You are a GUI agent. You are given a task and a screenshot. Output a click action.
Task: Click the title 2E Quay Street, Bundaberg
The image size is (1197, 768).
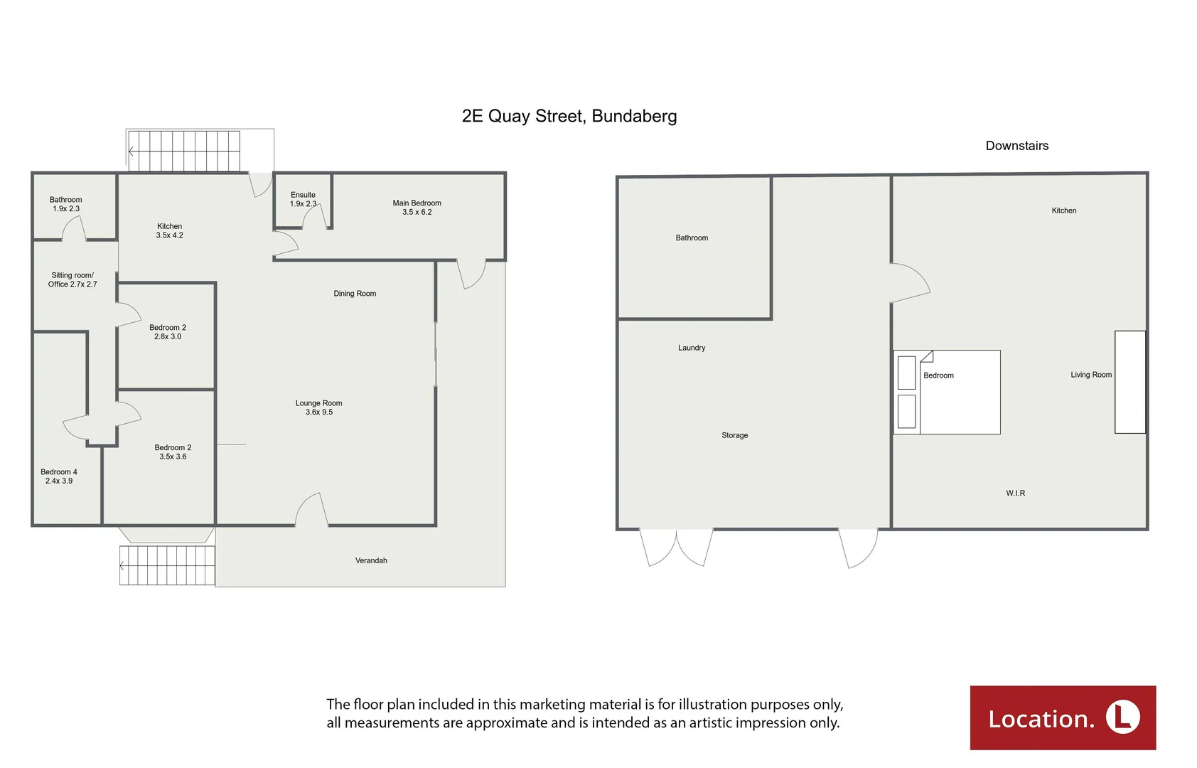tap(569, 116)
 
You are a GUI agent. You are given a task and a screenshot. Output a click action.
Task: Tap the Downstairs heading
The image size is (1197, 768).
tap(1016, 146)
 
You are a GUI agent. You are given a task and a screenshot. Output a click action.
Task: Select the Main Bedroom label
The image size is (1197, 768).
tap(417, 207)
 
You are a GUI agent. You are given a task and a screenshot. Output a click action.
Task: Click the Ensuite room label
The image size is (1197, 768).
tap(303, 199)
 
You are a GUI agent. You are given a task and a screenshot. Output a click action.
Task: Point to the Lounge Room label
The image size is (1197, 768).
tap(318, 407)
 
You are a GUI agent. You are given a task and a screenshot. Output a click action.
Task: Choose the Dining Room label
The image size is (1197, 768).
tap(355, 294)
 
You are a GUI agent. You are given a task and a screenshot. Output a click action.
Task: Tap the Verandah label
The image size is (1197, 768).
tap(371, 560)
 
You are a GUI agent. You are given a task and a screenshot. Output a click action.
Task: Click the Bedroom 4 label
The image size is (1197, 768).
tap(59, 476)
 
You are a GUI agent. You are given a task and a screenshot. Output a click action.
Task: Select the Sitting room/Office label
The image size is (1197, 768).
tap(73, 279)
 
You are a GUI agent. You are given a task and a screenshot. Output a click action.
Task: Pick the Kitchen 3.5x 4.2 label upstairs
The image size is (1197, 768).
tap(169, 230)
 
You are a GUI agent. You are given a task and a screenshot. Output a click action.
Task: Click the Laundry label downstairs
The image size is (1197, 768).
tap(692, 348)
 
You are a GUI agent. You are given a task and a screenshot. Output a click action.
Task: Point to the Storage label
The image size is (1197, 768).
tap(734, 435)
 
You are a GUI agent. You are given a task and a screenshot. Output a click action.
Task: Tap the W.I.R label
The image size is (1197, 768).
tap(1015, 493)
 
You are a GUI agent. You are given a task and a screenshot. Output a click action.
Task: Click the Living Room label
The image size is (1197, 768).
tap(1090, 375)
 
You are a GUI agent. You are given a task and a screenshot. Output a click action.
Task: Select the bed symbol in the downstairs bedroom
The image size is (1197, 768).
tap(947, 392)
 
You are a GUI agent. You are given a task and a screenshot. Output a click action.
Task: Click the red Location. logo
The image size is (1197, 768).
tap(1063, 718)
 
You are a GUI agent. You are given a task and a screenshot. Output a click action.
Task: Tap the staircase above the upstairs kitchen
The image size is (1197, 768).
tap(184, 151)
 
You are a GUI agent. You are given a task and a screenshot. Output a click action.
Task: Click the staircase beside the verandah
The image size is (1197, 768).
tap(167, 565)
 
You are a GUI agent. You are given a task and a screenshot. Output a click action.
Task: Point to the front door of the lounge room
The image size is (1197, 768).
tap(311, 510)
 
